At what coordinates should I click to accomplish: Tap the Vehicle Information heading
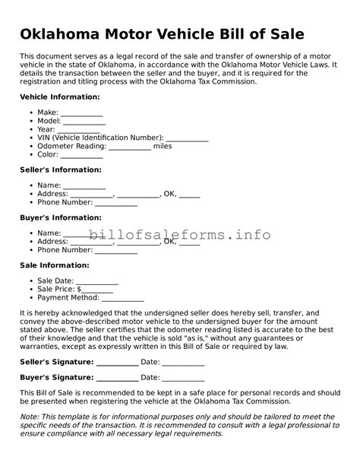click(x=59, y=98)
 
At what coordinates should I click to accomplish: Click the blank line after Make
click(x=81, y=113)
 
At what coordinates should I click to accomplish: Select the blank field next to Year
click(x=78, y=129)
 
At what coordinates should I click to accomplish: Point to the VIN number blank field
click(x=187, y=138)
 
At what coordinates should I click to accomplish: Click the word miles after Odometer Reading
click(x=163, y=146)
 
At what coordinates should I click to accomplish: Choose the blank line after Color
click(x=82, y=154)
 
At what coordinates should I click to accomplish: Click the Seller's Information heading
click(x=60, y=170)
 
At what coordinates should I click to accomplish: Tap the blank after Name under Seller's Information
click(x=84, y=185)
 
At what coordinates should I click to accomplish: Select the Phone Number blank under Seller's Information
click(x=115, y=202)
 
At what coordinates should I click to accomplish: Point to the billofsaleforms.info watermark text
click(x=179, y=235)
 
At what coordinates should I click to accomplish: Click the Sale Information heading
click(x=54, y=265)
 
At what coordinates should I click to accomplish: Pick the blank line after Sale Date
click(x=97, y=281)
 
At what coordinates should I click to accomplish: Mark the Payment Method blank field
click(x=122, y=298)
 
